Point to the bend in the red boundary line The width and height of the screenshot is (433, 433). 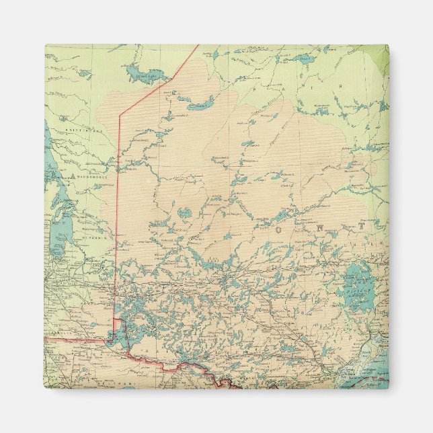click(x=120, y=115)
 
